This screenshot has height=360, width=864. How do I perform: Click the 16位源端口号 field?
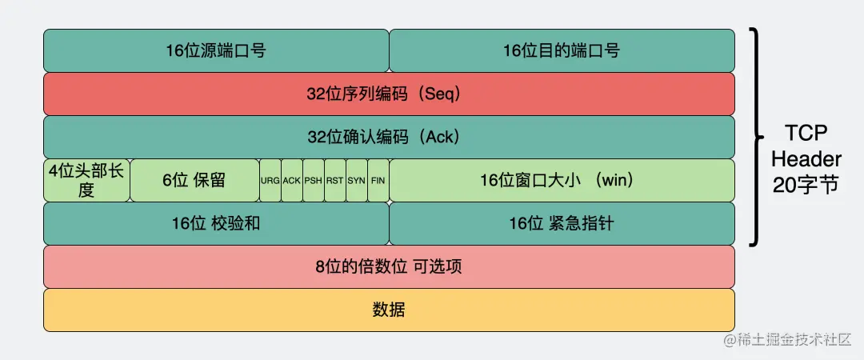click(216, 50)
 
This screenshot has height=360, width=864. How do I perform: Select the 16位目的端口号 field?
click(562, 50)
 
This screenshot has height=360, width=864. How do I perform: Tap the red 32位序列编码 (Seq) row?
click(389, 94)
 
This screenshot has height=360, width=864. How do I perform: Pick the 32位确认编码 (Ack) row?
click(389, 137)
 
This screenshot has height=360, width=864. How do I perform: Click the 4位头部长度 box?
click(86, 180)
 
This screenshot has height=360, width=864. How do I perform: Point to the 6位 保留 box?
click(194, 180)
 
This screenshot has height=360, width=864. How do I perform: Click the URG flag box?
click(270, 180)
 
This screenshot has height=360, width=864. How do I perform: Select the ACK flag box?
click(292, 180)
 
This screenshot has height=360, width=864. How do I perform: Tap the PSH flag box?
click(314, 180)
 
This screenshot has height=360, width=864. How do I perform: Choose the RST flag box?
click(335, 180)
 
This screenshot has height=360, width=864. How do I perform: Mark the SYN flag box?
click(357, 180)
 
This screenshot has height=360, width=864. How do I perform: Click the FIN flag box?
click(378, 180)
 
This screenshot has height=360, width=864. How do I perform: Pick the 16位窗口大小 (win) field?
click(562, 180)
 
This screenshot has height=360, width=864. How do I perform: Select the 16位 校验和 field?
click(216, 223)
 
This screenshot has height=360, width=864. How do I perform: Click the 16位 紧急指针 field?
click(562, 223)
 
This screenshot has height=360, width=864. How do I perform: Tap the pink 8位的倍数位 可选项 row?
click(389, 266)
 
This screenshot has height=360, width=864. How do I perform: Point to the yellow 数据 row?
click(389, 310)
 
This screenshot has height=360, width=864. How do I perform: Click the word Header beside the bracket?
click(806, 158)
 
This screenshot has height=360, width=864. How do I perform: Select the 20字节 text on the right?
click(806, 184)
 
